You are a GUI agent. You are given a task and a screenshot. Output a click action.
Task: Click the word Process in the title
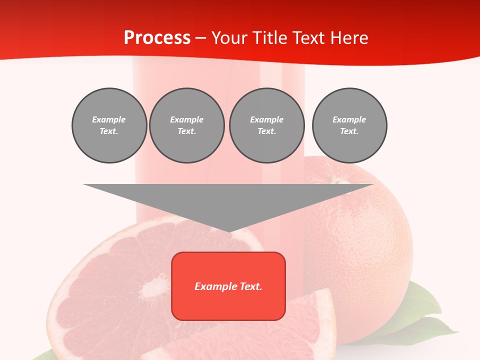(157, 38)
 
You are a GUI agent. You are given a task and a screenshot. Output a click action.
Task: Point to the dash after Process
(201, 38)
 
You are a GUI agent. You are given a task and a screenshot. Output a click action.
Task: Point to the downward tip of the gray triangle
(229, 231)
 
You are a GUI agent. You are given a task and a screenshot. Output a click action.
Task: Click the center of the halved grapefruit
(150, 288)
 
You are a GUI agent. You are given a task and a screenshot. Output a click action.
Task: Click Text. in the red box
(249, 286)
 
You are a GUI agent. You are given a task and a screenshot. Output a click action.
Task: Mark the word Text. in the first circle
(109, 131)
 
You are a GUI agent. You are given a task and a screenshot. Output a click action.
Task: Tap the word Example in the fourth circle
(349, 119)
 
